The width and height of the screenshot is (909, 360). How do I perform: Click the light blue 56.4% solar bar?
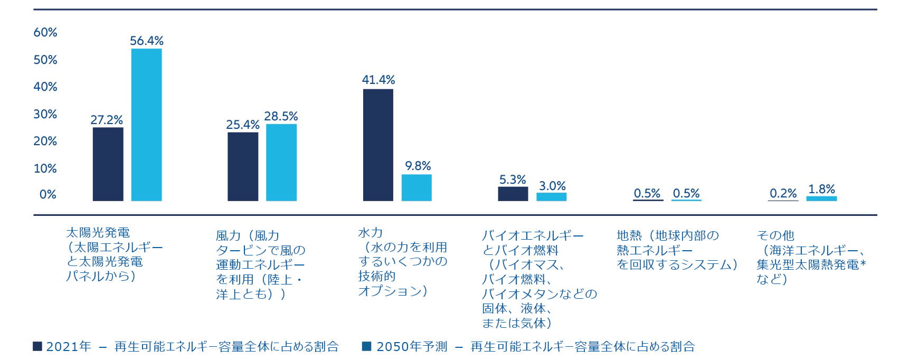(x=146, y=125)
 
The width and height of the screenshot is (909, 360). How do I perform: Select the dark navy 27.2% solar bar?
(x=108, y=164)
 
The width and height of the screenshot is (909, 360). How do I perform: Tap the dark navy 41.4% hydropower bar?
(x=378, y=145)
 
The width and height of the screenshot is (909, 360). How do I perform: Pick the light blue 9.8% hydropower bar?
(x=416, y=187)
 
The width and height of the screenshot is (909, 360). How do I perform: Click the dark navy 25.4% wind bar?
(x=243, y=166)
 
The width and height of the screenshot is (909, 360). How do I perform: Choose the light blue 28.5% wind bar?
(x=281, y=163)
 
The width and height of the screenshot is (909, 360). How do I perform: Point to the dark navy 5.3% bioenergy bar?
(x=513, y=194)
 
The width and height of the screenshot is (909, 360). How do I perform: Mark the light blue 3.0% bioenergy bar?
(x=551, y=197)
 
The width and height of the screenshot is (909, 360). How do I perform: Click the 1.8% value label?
(x=821, y=189)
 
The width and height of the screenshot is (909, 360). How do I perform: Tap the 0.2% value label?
(x=783, y=193)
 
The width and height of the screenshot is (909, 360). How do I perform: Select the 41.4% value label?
(x=378, y=80)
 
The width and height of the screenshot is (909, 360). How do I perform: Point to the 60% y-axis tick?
(x=45, y=33)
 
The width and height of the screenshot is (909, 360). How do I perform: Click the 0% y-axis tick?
(x=48, y=195)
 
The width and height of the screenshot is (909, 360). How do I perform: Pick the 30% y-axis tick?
(x=45, y=114)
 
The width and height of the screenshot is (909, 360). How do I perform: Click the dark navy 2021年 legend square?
(x=37, y=346)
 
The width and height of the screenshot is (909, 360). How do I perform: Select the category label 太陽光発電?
(x=98, y=232)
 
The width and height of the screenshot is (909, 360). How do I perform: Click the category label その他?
(x=775, y=235)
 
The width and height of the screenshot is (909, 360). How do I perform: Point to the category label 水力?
(x=370, y=232)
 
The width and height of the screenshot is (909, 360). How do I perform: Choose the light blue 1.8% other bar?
(x=821, y=198)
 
